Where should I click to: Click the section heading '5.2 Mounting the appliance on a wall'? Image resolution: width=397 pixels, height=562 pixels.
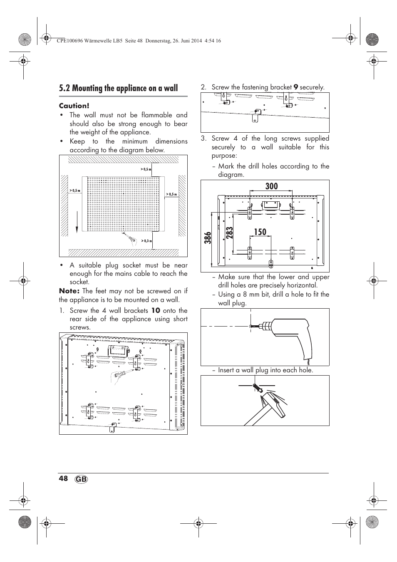pyautogui.click(x=118, y=88)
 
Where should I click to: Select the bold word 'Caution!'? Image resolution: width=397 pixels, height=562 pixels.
pyautogui.click(x=74, y=106)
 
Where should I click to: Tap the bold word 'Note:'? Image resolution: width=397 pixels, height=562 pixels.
pyautogui.click(x=69, y=291)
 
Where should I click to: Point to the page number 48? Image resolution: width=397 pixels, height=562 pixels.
pyautogui.click(x=63, y=478)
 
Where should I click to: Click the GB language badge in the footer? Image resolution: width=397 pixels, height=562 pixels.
pyautogui.click(x=82, y=479)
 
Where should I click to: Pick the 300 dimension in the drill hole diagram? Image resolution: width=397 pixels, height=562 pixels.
pyautogui.click(x=271, y=186)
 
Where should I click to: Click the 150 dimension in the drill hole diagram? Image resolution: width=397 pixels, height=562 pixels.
pyautogui.click(x=260, y=232)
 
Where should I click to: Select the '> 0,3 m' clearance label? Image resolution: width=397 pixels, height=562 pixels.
pyautogui.click(x=146, y=241)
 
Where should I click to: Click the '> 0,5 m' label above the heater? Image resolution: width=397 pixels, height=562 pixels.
pyautogui.click(x=146, y=169)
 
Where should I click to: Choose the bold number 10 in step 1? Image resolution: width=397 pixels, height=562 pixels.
pyautogui.click(x=155, y=310)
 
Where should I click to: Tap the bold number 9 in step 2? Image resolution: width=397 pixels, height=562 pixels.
pyautogui.click(x=295, y=87)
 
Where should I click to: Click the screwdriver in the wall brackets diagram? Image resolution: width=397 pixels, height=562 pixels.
pyautogui.click(x=123, y=373)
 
